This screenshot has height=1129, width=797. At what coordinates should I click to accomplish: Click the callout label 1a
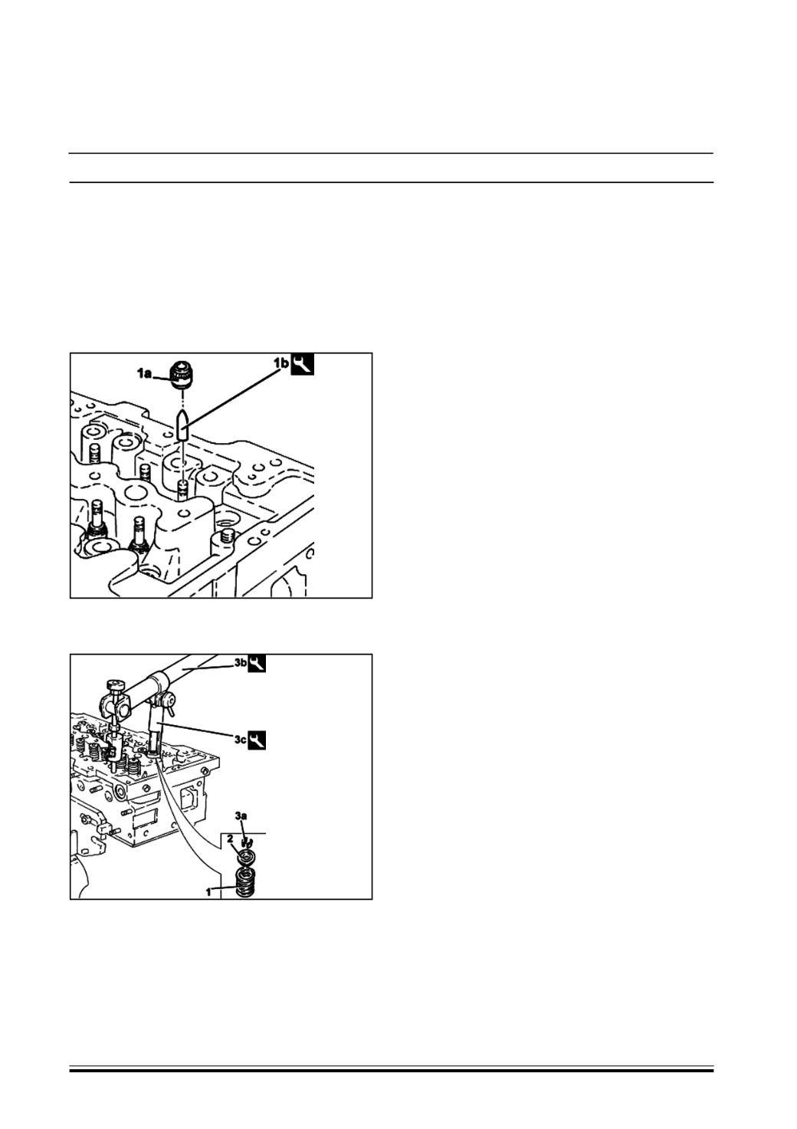(144, 373)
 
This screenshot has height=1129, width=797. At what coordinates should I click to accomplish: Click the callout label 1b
(281, 362)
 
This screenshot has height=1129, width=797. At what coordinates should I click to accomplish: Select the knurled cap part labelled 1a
(182, 375)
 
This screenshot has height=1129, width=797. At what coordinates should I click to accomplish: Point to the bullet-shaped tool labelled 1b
(183, 425)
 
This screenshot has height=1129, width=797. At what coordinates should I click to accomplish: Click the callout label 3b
(240, 663)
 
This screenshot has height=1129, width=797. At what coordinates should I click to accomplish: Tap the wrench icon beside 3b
(257, 664)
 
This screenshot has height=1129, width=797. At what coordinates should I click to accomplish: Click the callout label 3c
(240, 740)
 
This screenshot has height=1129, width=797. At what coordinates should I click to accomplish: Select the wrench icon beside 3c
(257, 740)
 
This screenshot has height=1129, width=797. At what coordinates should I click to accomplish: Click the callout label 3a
(241, 829)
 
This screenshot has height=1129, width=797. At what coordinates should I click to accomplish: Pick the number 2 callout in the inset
(230, 839)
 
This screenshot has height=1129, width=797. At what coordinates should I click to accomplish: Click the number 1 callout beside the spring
(208, 892)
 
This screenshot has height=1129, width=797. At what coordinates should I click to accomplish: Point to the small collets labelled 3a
(246, 842)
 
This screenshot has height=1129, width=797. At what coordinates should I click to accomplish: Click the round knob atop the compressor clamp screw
(114, 685)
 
